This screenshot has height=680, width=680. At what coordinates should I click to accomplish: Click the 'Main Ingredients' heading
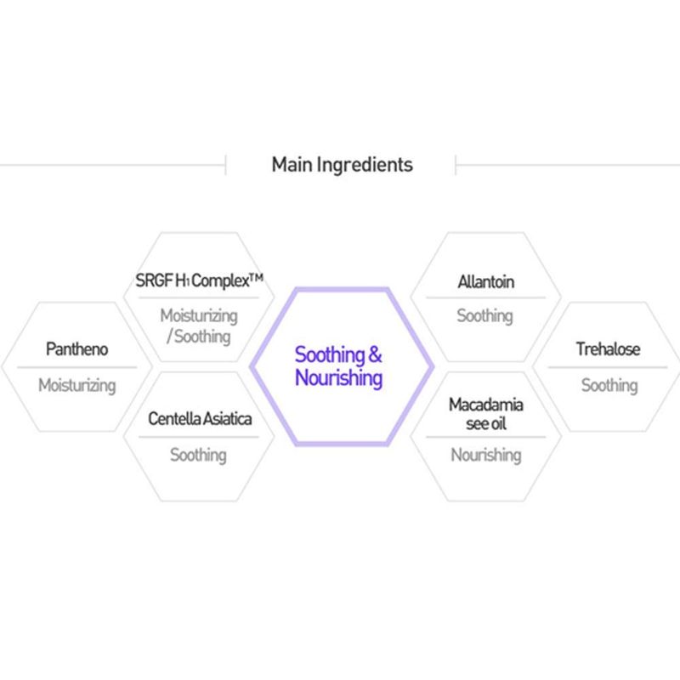click(x=343, y=165)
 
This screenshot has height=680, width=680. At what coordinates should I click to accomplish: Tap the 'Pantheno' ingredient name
click(x=76, y=349)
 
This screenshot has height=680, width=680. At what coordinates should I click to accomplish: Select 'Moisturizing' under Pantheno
click(x=77, y=386)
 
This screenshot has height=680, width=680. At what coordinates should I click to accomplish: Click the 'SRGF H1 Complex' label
click(x=193, y=280)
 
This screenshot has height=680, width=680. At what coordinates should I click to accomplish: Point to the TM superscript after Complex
click(x=257, y=277)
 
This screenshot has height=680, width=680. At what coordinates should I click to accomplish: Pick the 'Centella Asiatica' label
click(x=200, y=418)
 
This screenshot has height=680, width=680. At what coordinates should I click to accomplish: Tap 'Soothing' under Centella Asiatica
click(x=198, y=456)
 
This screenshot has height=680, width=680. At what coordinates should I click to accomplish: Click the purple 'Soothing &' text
click(x=338, y=354)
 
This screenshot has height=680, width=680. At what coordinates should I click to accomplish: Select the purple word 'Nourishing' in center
click(x=338, y=378)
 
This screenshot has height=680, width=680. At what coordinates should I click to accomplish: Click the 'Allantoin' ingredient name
click(x=486, y=282)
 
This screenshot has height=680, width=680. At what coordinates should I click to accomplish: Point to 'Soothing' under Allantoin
click(x=484, y=316)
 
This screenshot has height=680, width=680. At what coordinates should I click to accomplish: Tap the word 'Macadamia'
click(x=486, y=405)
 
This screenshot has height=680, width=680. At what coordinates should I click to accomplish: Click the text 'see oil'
click(x=486, y=423)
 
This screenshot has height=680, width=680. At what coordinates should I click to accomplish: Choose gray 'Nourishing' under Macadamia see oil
click(x=486, y=456)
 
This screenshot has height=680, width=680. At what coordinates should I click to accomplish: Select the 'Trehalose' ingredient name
click(x=608, y=349)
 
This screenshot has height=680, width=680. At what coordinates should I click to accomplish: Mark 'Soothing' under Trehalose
click(x=609, y=386)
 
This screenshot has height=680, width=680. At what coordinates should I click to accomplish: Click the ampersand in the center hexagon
click(x=375, y=354)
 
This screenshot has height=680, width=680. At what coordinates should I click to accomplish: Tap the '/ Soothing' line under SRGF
click(x=199, y=337)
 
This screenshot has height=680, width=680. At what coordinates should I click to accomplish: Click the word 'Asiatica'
click(x=227, y=418)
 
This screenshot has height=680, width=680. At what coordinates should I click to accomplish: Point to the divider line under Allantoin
click(x=485, y=298)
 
